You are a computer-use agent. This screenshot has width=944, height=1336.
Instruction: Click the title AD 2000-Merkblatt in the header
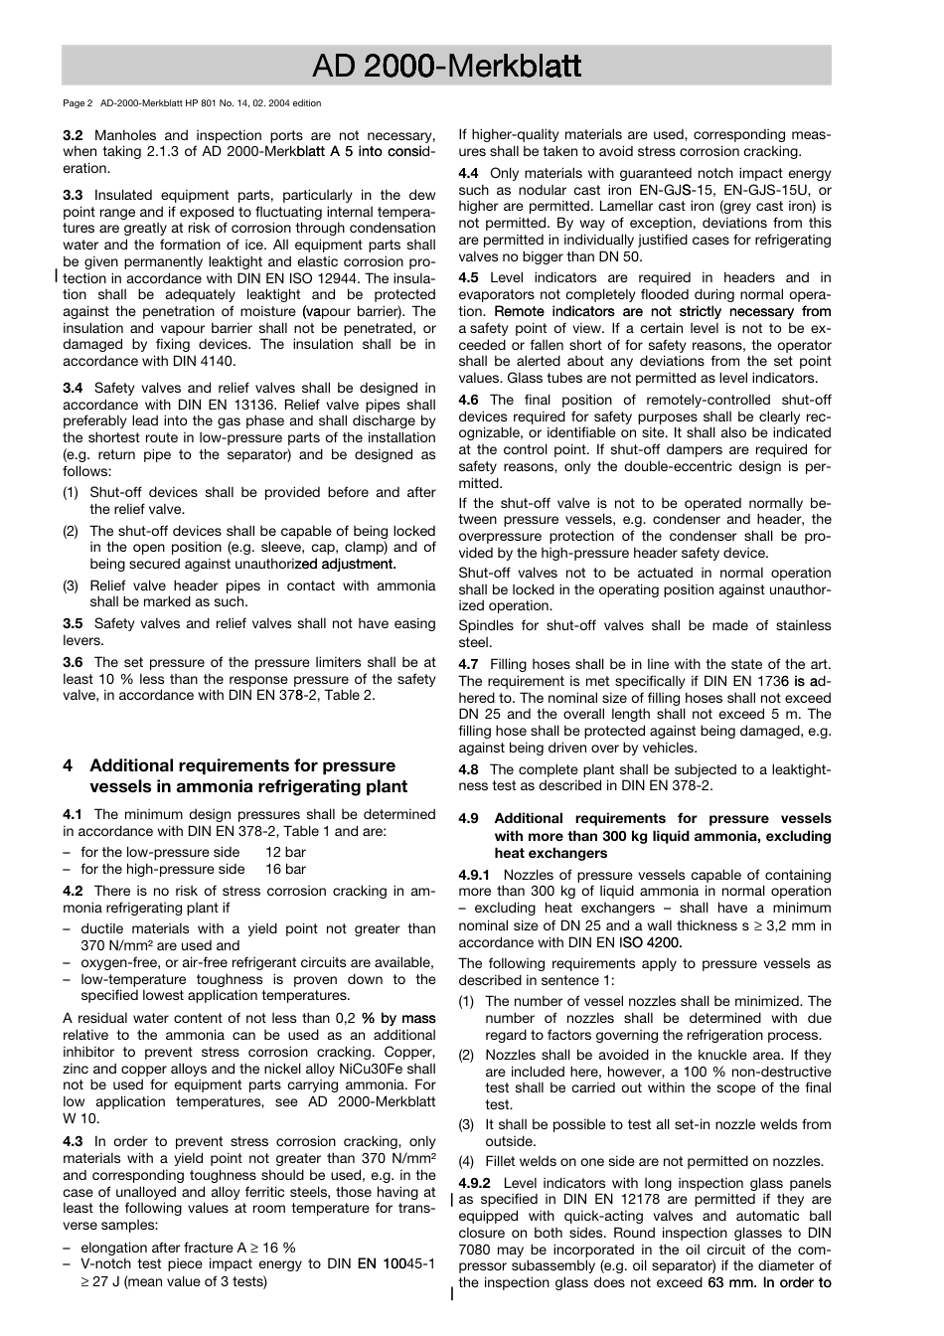446,67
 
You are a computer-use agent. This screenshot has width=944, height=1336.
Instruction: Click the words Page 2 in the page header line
78,103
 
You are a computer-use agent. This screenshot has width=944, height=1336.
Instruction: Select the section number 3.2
73,135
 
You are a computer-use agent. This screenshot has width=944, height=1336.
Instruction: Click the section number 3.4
73,389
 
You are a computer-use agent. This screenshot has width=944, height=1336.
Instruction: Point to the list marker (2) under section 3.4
71,531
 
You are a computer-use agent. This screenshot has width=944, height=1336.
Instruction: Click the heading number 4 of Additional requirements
68,765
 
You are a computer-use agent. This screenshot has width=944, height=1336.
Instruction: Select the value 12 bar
285,852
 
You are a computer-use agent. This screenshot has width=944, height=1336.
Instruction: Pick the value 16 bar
285,869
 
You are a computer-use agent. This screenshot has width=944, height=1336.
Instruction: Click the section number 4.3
73,1142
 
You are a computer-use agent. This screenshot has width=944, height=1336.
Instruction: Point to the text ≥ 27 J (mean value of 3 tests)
173,1281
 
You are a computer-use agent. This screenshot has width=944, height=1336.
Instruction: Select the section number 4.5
468,278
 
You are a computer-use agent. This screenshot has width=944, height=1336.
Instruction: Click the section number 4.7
468,664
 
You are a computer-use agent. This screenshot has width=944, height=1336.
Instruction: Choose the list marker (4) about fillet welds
466,1161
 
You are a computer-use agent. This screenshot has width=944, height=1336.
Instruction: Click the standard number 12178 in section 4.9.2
628,1200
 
